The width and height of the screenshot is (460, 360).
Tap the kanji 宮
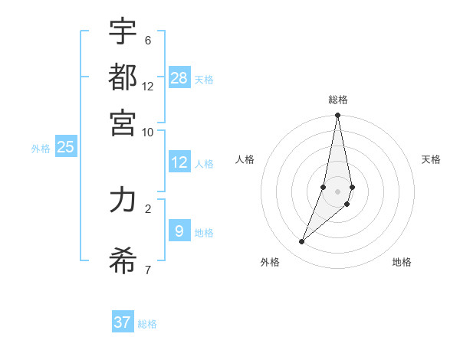click(123, 122)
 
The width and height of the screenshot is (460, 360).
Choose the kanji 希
click(123, 260)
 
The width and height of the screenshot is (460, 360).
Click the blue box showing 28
click(179, 77)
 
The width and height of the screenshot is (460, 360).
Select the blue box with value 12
click(179, 162)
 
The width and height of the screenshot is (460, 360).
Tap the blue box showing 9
click(179, 231)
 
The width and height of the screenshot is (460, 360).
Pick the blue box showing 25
click(65, 147)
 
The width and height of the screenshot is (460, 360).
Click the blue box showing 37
click(123, 322)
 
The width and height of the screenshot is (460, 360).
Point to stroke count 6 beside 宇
click(147, 40)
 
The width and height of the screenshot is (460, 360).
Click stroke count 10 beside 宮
click(147, 132)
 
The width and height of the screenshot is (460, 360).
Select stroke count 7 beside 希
click(147, 269)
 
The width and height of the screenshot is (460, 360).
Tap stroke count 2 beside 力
click(147, 207)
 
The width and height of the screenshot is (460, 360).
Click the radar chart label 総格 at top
click(338, 100)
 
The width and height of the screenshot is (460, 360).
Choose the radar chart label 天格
click(431, 159)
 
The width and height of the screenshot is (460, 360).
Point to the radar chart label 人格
click(245, 159)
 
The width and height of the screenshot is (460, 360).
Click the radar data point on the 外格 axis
click(302, 241)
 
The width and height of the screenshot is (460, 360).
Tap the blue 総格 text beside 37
click(147, 324)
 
